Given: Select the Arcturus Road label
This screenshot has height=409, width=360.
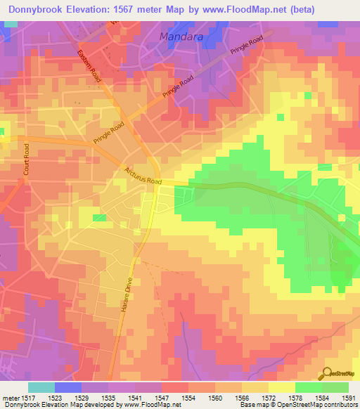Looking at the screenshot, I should pyautogui.click(x=143, y=176).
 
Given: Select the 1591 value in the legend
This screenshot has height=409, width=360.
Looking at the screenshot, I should pyautogui.click(x=349, y=398).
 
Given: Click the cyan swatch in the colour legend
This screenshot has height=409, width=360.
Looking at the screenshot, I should pyautogui.click(x=41, y=387).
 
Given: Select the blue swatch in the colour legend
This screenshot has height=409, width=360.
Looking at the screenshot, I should pyautogui.click(x=67, y=387).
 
